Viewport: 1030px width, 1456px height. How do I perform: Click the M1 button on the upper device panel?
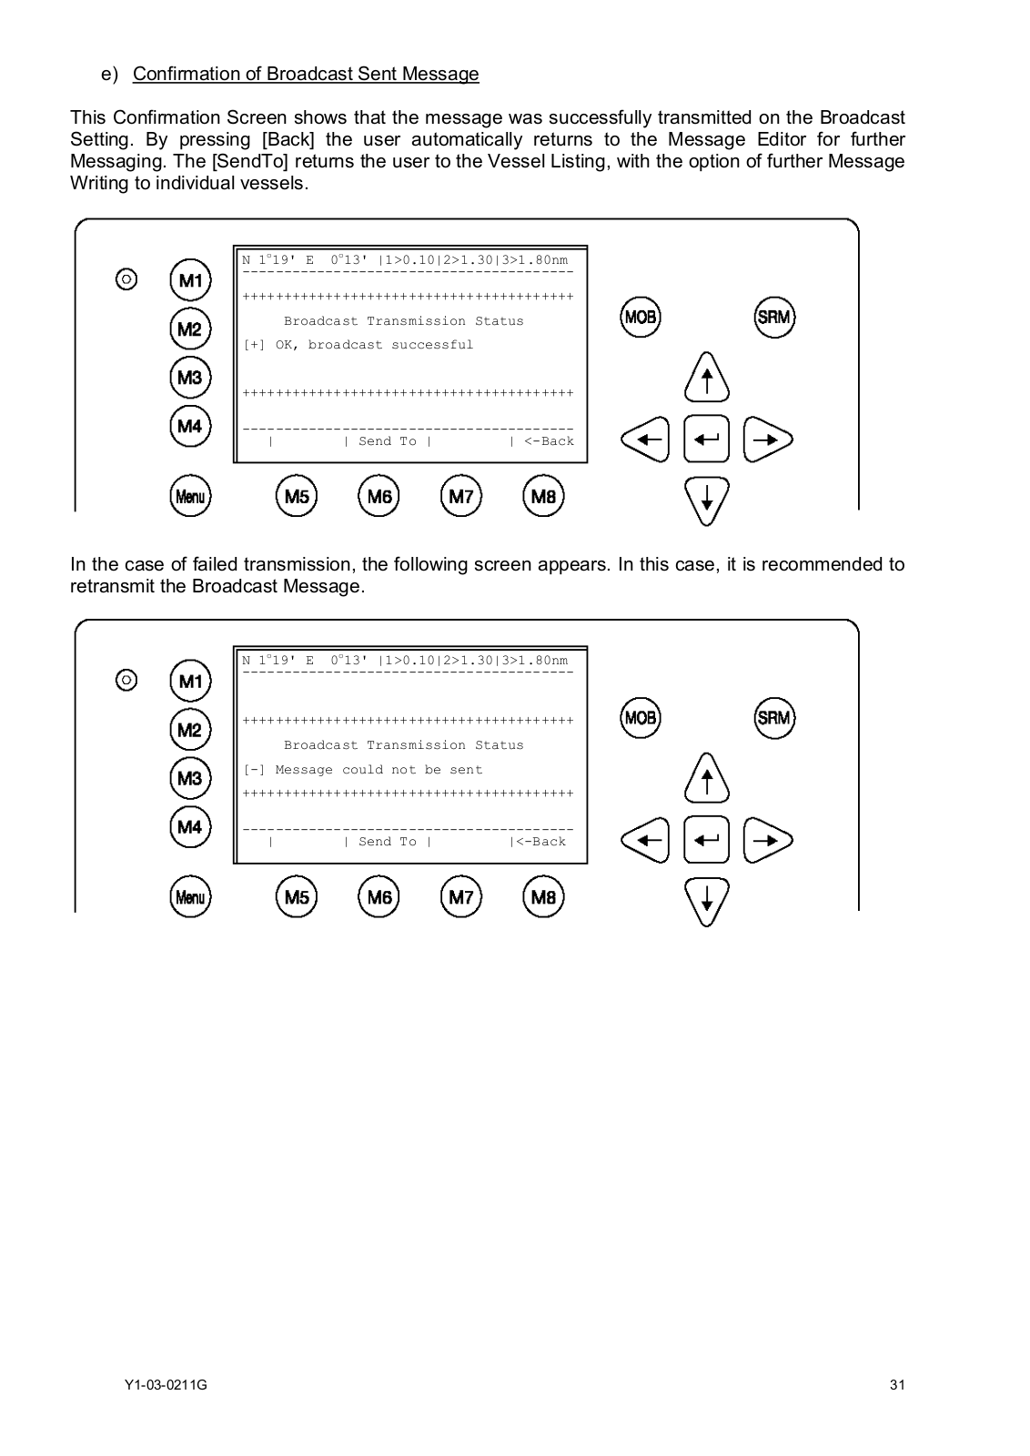point(190,280)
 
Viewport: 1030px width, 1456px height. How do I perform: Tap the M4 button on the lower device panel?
point(190,826)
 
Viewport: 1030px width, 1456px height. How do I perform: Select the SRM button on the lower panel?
point(774,717)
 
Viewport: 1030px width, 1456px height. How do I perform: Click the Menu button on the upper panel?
point(190,496)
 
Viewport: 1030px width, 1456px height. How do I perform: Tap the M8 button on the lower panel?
point(543,897)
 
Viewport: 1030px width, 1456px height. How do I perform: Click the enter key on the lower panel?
point(706,840)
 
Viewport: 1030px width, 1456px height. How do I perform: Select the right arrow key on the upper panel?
point(767,440)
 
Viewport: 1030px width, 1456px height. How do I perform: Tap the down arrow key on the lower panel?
point(707,899)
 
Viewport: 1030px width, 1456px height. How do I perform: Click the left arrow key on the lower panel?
point(644,840)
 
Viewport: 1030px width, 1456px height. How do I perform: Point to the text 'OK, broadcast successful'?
point(374,345)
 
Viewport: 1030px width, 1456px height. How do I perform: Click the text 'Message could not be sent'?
point(379,770)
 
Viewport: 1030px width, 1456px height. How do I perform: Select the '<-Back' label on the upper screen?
point(549,441)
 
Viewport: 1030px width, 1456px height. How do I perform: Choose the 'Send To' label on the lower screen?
point(387,842)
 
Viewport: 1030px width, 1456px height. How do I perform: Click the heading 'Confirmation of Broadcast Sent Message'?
point(306,74)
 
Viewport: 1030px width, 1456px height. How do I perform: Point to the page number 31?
point(897,1386)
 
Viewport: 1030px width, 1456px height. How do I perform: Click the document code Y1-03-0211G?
point(166,1386)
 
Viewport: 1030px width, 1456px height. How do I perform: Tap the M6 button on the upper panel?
point(379,496)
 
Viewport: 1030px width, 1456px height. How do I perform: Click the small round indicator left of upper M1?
point(127,278)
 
